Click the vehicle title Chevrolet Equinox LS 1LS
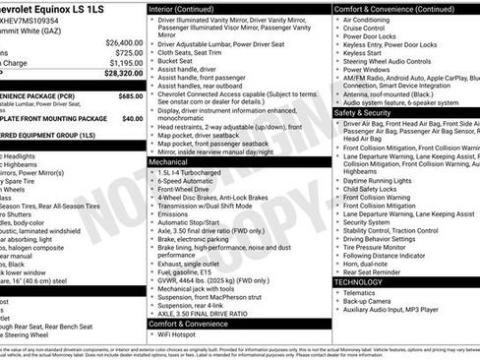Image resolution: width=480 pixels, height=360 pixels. [x=69, y=8]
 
